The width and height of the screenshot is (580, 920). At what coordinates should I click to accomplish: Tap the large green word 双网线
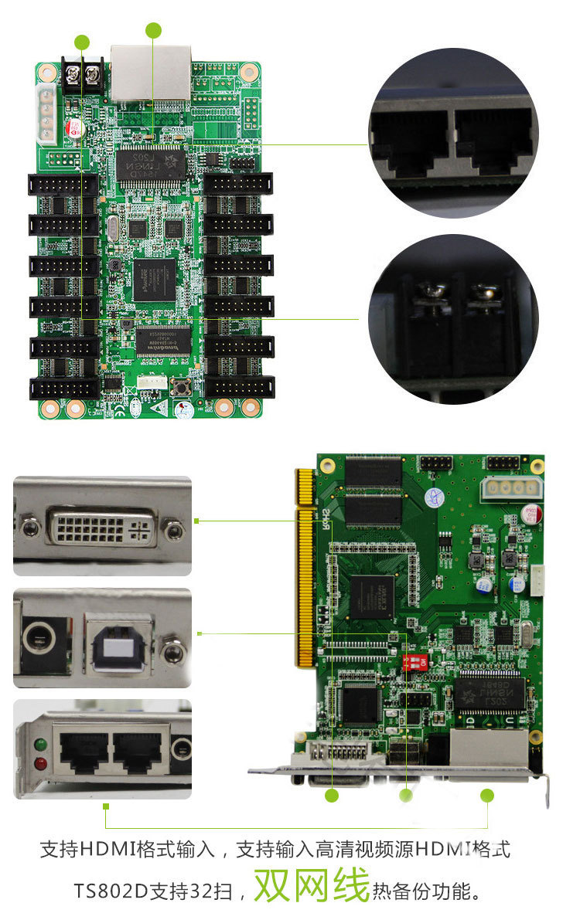click(x=312, y=885)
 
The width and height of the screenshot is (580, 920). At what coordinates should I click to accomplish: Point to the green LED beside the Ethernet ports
click(x=39, y=745)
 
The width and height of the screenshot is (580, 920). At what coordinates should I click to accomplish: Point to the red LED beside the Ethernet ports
click(x=39, y=764)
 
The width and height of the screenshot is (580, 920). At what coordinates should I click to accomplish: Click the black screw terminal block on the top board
click(x=82, y=76)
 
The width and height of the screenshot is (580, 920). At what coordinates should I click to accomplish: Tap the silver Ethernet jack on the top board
click(x=152, y=71)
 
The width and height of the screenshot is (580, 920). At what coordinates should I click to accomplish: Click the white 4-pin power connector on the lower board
click(x=510, y=487)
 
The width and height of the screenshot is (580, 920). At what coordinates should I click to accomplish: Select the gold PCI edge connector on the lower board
click(x=304, y=568)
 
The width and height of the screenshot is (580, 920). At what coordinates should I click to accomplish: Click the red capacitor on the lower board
click(x=531, y=512)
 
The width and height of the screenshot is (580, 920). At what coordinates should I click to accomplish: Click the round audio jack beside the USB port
click(x=37, y=638)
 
